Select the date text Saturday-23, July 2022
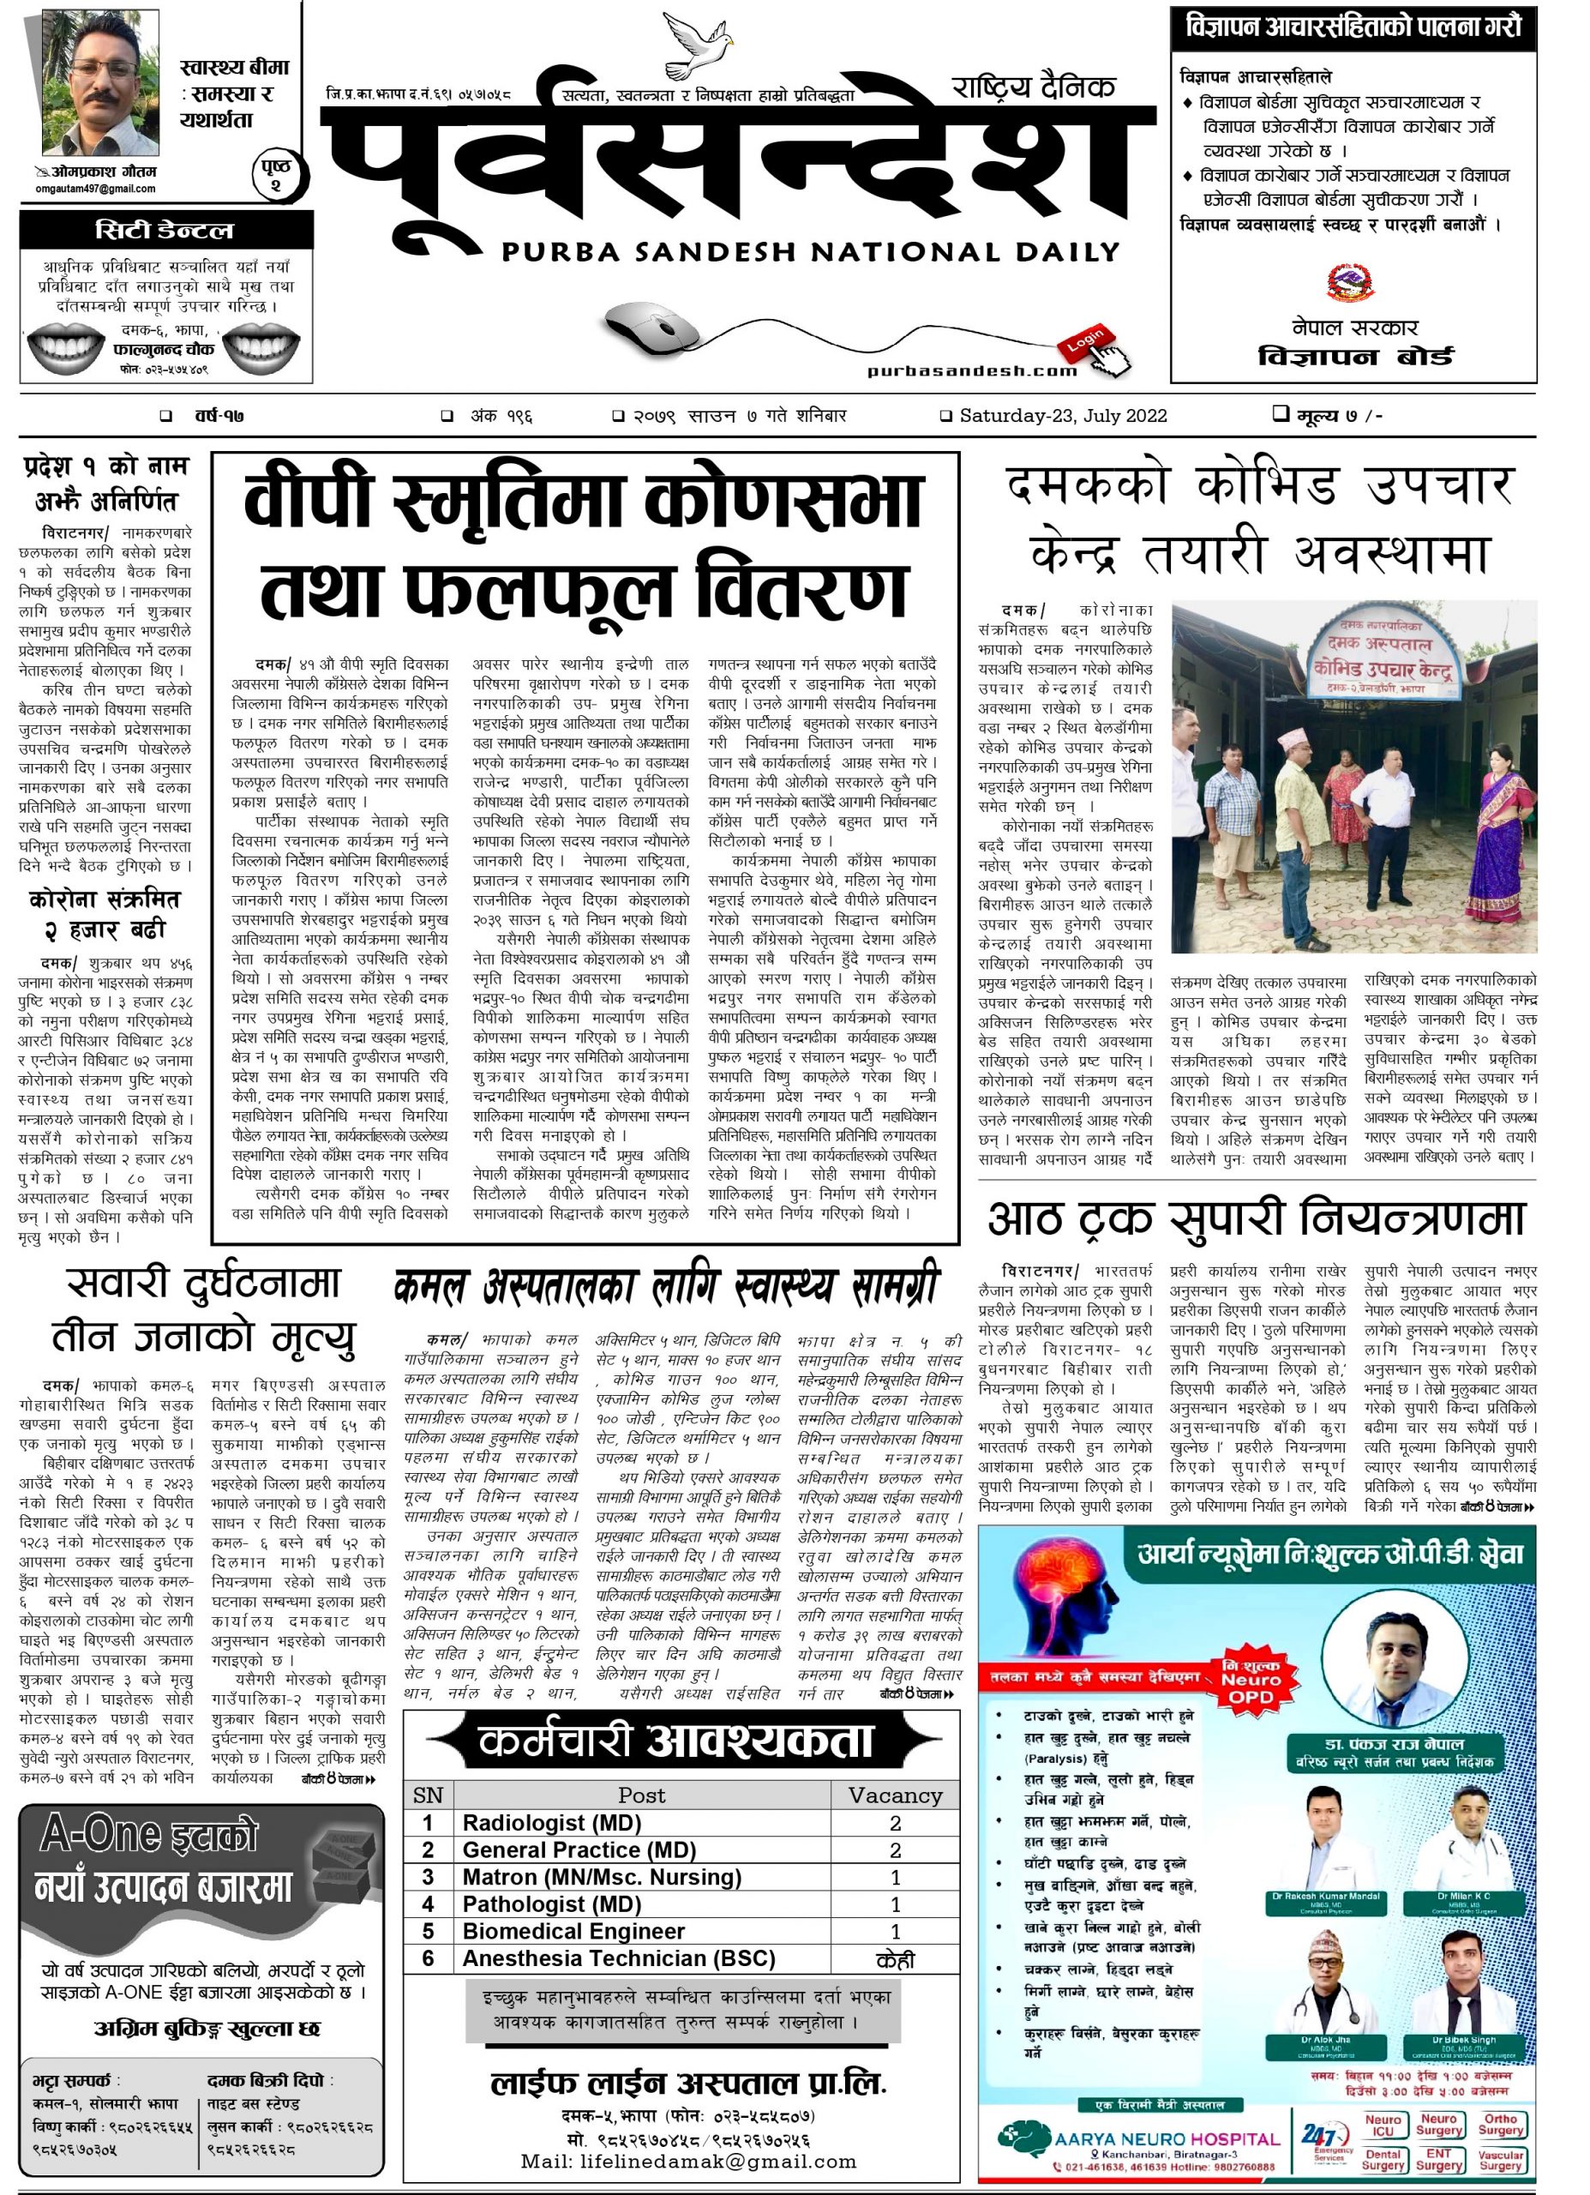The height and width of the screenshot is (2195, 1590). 1063,416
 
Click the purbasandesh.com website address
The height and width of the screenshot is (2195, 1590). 972,370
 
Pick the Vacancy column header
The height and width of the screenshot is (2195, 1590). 894,1796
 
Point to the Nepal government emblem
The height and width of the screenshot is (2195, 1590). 1352,281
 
